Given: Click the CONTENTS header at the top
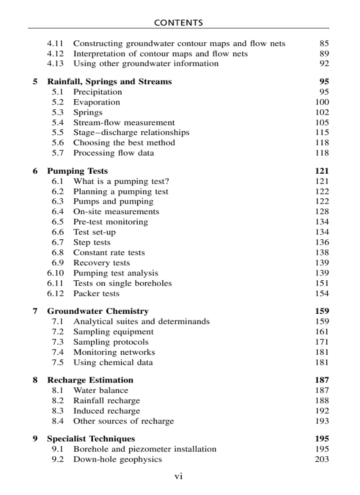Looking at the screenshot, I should pos(179,23).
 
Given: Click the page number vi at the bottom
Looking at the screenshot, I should pos(179,476).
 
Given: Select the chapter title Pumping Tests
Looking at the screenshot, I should pos(77,171).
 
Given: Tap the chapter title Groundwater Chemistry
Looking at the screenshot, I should pos(97,311).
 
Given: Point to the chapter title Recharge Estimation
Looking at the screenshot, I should pos(90,380).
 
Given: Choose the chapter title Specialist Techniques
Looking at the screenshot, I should pos(91,439).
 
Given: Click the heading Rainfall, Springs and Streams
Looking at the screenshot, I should pos(109,82).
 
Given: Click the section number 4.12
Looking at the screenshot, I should pos(56,54).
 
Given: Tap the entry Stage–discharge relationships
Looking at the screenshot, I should pos(131,133).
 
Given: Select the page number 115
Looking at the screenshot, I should pos(322,133).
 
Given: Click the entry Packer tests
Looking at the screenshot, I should pos(96,294).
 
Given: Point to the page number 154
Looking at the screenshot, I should pos(322,294).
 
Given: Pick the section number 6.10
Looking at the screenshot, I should pos(56,273).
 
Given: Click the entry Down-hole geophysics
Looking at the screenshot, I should pos(117,459).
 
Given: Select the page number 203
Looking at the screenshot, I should pos(322,459).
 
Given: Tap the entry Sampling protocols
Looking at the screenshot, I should pos(111,342).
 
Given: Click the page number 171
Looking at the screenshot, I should pos(322,342).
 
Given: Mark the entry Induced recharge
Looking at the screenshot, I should pos(106,411).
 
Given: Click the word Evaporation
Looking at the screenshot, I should pos(97,102).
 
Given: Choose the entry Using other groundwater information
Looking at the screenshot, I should pos(146,63).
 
